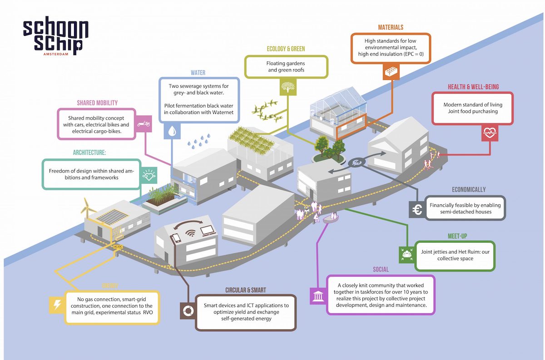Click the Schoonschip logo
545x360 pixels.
pyautogui.click(x=56, y=38)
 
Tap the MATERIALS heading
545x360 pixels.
pyautogui.click(x=391, y=28)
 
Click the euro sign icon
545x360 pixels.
pyautogui.click(x=416, y=209)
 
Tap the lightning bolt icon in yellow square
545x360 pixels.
pyautogui.click(x=57, y=306)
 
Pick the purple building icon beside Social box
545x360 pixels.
pyautogui.click(x=317, y=296)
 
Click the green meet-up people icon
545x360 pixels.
pyautogui.click(x=406, y=254)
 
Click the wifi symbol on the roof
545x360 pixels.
pyautogui.click(x=191, y=235)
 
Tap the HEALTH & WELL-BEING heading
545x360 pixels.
pyautogui.click(x=472, y=87)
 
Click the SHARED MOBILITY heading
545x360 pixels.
pyautogui.click(x=97, y=103)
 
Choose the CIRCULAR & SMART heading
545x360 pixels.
pyautogui.click(x=246, y=290)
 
